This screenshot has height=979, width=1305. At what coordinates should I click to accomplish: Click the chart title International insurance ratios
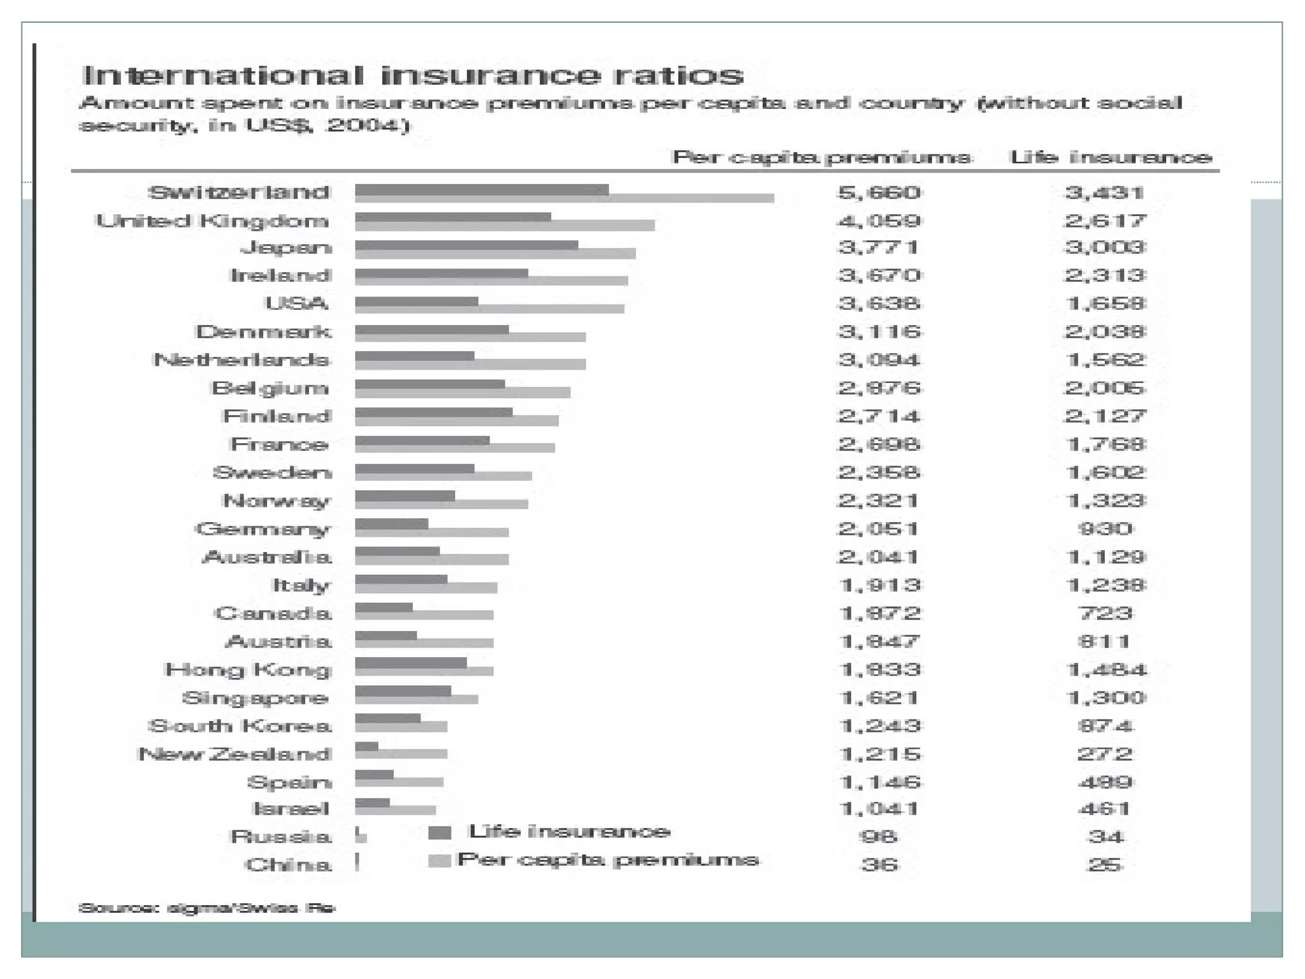[413, 75]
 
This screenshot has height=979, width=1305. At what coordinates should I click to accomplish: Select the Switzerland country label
[240, 192]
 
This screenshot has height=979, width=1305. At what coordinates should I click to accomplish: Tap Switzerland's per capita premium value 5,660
[879, 192]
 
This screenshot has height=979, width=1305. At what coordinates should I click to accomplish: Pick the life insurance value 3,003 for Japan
[1106, 247]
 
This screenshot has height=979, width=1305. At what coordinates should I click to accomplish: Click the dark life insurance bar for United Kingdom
[452, 217]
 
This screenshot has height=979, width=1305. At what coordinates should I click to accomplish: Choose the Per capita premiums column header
[822, 157]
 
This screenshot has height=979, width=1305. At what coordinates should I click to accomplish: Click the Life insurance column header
[1111, 157]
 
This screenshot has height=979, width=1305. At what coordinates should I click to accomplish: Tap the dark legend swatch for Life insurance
[440, 832]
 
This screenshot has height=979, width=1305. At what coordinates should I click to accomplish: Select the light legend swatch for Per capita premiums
[440, 860]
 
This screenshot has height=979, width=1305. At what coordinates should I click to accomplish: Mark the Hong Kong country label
[249, 670]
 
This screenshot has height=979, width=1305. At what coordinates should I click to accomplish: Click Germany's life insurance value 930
[1106, 528]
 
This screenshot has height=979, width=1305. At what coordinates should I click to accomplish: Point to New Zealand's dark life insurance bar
[366, 746]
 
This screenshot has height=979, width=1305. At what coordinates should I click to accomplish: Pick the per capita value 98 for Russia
[879, 836]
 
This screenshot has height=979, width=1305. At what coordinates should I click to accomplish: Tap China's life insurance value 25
[1106, 865]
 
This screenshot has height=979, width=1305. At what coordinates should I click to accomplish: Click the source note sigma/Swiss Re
[206, 908]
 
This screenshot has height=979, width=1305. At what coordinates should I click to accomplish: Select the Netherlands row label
[242, 359]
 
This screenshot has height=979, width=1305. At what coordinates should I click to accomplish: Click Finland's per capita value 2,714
[879, 416]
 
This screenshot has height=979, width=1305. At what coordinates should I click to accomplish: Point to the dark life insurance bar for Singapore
[403, 691]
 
